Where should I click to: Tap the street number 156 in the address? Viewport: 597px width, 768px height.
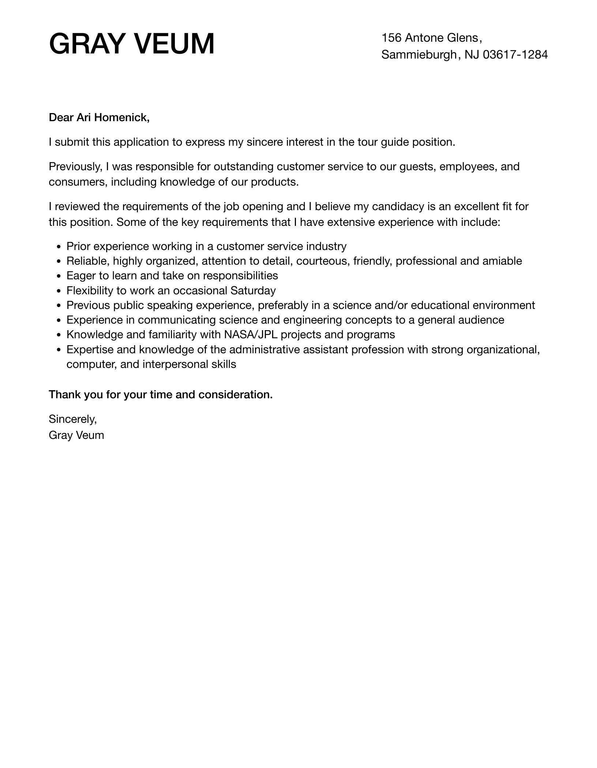point(391,38)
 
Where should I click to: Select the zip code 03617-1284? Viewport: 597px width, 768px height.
point(515,55)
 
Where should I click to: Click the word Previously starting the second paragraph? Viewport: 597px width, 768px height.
point(75,167)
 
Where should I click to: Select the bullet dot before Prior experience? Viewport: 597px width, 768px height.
point(59,247)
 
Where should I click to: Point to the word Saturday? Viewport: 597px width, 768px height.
point(253,291)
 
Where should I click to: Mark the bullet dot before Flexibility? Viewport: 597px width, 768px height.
point(59,291)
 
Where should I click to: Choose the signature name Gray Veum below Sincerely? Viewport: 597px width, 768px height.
point(76,435)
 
